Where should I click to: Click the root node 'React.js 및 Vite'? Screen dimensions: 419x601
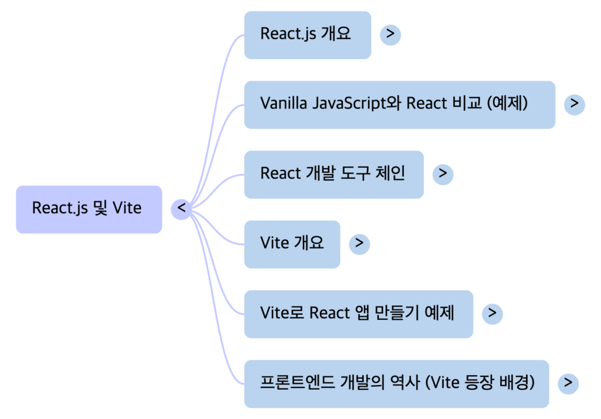[89, 209]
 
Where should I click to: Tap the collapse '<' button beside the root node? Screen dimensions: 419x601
[181, 208]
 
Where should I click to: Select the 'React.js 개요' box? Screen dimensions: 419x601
[307, 35]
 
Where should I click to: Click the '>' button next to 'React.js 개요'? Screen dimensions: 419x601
[390, 35]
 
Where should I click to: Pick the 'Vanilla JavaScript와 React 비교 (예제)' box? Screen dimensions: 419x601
[399, 104]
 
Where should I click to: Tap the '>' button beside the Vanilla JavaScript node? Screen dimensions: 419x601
[574, 104]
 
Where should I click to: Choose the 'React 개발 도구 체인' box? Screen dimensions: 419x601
[333, 174]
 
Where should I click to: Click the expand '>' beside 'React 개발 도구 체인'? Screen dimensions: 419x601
[443, 173]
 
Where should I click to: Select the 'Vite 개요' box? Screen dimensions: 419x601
[292, 244]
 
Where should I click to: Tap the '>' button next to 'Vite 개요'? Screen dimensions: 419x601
[359, 244]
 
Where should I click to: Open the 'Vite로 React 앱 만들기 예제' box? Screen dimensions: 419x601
[358, 314]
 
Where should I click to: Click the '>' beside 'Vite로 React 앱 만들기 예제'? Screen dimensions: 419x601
[492, 314]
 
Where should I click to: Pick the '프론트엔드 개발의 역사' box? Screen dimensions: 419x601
[396, 383]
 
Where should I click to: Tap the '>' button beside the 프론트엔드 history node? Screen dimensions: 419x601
[567, 383]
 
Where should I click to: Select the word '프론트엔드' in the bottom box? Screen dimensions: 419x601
[296, 383]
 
